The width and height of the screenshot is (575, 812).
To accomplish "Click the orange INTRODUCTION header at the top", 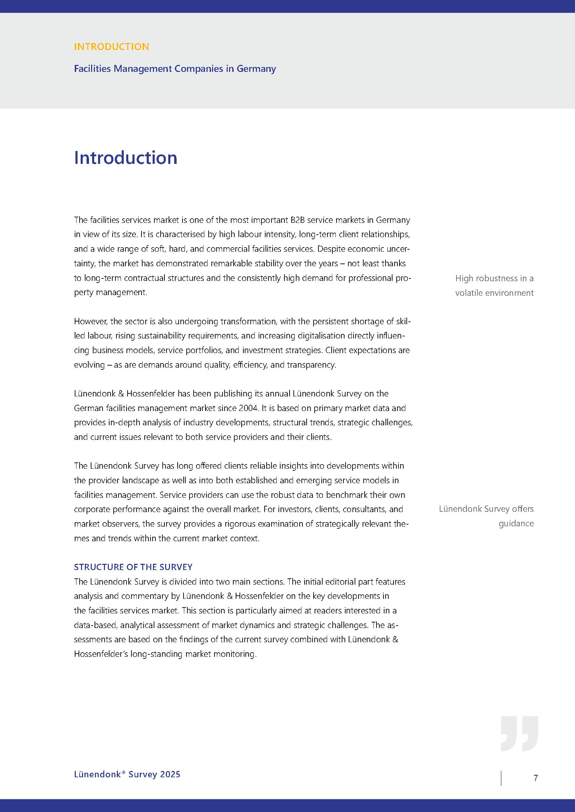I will [111, 47].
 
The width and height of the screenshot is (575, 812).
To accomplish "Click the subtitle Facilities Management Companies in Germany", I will [175, 68].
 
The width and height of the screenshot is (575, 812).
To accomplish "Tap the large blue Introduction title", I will [125, 158].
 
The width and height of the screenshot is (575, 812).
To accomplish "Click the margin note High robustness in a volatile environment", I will [494, 285].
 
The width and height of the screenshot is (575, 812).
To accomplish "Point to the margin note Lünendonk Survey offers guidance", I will [486, 516].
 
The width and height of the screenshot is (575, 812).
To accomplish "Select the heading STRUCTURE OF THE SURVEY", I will [133, 567].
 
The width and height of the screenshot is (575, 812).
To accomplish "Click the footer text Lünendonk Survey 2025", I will [127, 775].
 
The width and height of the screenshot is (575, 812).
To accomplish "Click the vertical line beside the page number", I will [501, 778].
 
